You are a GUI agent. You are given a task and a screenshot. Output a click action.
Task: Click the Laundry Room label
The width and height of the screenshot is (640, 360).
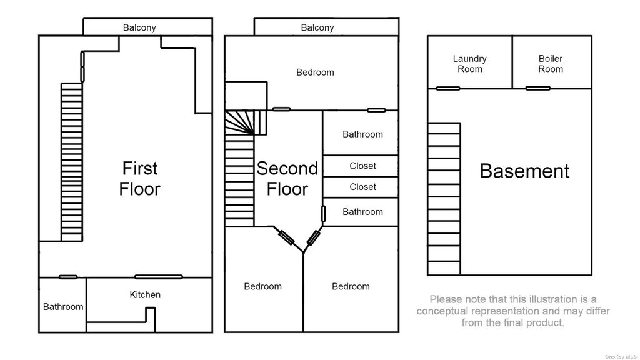point(470,64)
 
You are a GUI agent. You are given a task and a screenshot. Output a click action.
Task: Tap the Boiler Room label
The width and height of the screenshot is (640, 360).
point(551,64)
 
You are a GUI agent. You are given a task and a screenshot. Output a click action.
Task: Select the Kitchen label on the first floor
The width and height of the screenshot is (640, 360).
point(145,295)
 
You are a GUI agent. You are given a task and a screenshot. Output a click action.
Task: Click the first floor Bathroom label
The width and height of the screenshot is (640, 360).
point(63,306)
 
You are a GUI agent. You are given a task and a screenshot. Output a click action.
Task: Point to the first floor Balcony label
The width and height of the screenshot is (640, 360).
point(139,27)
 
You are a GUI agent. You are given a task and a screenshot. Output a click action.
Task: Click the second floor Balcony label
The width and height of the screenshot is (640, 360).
point(317,27)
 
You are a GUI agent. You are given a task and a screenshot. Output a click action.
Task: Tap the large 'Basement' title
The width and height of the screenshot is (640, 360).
point(524,171)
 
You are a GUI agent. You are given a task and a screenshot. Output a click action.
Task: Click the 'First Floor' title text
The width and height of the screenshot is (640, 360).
point(139,179)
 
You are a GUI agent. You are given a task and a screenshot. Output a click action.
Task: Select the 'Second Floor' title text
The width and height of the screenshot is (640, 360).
point(287,179)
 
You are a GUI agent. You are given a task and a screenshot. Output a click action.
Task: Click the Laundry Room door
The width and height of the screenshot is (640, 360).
point(447,88)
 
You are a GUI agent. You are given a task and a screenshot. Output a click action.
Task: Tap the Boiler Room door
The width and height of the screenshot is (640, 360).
point(537,88)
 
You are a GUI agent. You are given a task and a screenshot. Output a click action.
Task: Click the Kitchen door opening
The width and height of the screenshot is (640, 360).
point(158,277)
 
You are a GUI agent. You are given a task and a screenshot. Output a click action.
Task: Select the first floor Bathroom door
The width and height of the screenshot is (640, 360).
point(67,277)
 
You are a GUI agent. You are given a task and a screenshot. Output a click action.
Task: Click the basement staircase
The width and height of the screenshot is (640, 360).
point(444,198)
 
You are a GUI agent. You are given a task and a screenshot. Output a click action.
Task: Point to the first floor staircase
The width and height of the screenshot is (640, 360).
point(72,162)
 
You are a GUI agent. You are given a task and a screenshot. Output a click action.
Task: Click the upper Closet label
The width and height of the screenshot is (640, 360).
point(363,166)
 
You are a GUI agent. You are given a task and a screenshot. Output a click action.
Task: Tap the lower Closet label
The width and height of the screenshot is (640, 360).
point(363,187)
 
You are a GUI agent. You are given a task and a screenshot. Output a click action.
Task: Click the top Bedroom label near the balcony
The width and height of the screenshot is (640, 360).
point(315,72)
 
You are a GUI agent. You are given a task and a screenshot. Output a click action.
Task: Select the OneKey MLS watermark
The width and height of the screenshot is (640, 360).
point(621,357)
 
